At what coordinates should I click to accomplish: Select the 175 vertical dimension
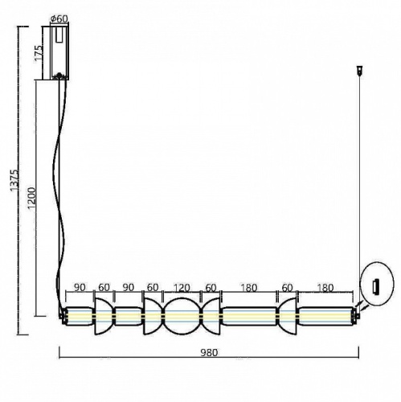tap(39, 52)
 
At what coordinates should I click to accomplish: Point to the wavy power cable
tap(58, 185)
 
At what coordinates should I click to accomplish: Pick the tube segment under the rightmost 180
tap(325, 316)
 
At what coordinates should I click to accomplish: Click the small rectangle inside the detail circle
tap(374, 285)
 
